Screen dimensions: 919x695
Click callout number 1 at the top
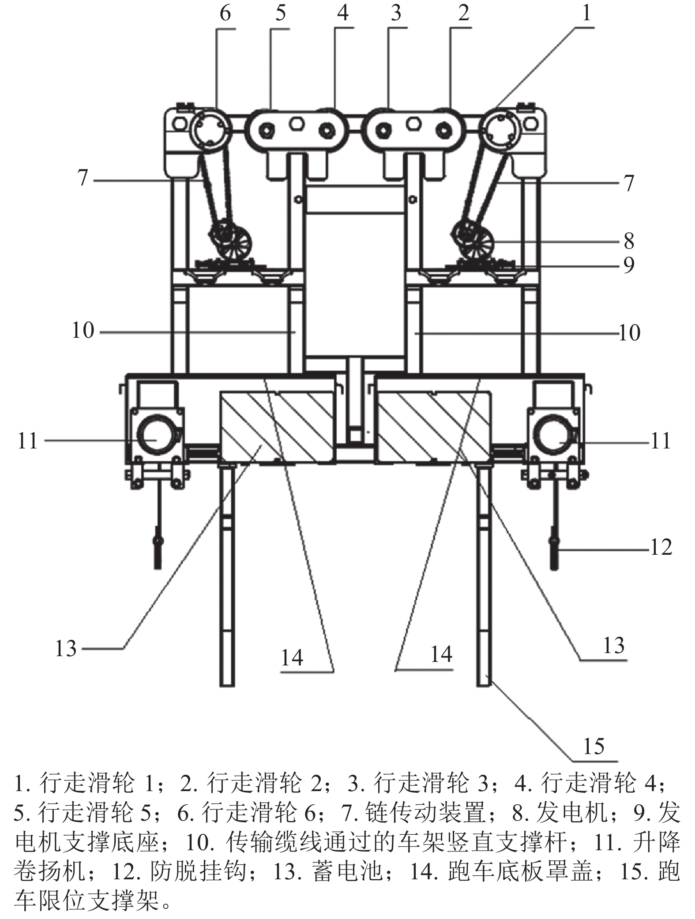[x=586, y=13]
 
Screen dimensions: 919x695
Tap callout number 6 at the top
[x=225, y=13]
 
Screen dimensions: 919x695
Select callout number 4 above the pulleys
[x=342, y=13]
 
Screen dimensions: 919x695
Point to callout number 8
[x=629, y=241]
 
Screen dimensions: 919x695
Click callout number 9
[x=629, y=265]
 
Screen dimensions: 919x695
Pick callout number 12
[x=661, y=548]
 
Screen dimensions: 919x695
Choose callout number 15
[x=594, y=747]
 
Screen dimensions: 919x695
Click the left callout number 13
[x=66, y=649]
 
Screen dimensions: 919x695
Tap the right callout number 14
[x=441, y=654]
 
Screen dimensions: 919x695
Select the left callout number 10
[x=83, y=330]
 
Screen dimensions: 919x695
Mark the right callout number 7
[x=629, y=183]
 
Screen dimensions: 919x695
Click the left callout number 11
[x=27, y=441]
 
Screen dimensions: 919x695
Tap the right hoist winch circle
[x=553, y=435]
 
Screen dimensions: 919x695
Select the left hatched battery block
[x=277, y=427]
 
